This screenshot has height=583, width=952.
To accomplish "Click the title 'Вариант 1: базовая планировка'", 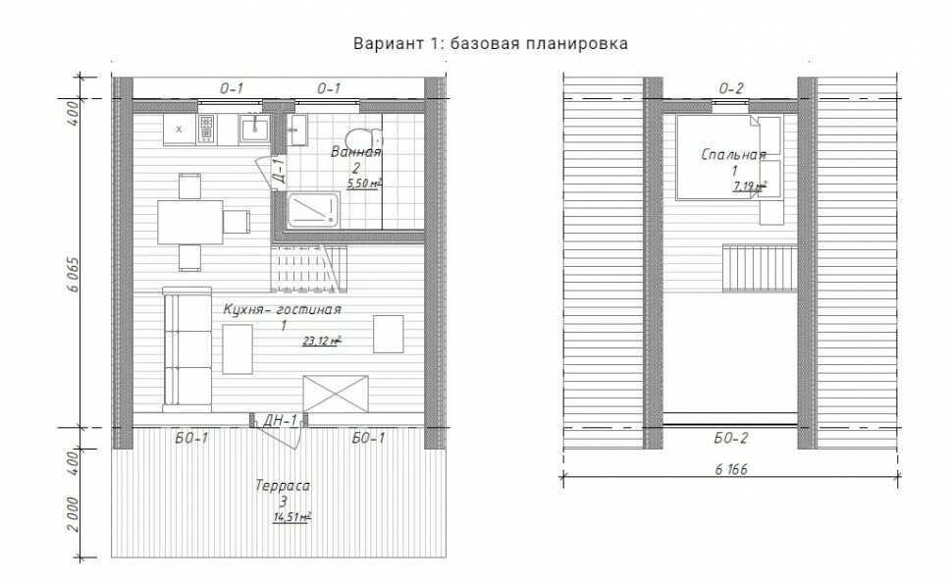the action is coord(491,44).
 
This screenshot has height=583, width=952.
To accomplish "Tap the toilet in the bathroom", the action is coord(364,137).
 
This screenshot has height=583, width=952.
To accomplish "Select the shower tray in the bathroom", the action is coord(313,210).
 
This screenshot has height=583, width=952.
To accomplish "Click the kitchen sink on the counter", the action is coord(254,129).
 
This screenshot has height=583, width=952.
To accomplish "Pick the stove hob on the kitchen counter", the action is coord(206,129).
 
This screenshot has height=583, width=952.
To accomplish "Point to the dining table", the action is coord(190,222).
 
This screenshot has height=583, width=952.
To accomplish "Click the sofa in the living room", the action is coord(187,348).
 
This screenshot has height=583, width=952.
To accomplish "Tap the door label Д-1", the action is coord(279,170).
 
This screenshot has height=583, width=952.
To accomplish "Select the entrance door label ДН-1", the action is coord(280,420).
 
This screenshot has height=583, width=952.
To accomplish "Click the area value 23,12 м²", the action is coord(322,341).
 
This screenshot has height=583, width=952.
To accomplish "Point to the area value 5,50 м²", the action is coord(364,183).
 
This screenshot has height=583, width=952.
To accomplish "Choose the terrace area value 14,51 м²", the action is coord(292,517).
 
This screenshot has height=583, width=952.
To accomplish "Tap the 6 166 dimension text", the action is coord(731,469).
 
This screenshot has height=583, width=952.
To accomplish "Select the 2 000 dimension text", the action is coord(73,514).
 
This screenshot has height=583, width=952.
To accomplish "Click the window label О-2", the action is coord(731,88).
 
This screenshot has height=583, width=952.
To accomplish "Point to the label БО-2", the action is coord(731,438).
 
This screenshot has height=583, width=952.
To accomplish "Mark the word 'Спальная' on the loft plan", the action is coord(733,154).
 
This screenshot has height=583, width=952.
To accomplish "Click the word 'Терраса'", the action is coord(283,486).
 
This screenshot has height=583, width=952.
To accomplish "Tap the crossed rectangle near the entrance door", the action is coord(336,394).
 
